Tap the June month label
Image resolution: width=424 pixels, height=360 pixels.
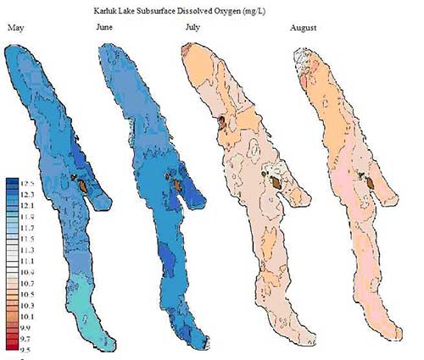[x=104, y=28]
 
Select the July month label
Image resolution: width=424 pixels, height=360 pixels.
[x=193, y=28]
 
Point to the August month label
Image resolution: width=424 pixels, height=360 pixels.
[x=303, y=28]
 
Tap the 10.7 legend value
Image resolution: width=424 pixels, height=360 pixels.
[x=27, y=281]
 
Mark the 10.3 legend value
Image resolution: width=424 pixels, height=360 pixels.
[x=27, y=303]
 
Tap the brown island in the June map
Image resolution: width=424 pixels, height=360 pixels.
[x=176, y=183]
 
